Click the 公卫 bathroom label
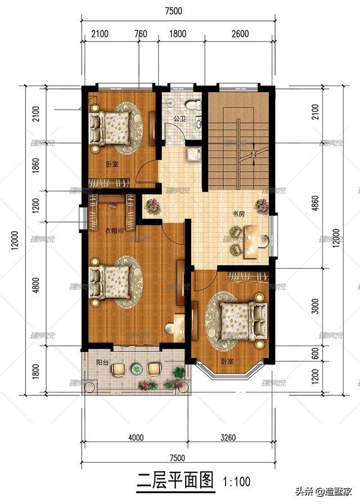(x=179, y=119)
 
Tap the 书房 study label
(x=238, y=214)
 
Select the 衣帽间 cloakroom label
(x=114, y=231)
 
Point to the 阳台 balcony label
(x=102, y=363)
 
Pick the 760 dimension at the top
(x=141, y=34)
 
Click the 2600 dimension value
(x=239, y=34)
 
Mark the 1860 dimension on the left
(x=36, y=167)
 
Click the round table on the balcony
(x=136, y=370)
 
